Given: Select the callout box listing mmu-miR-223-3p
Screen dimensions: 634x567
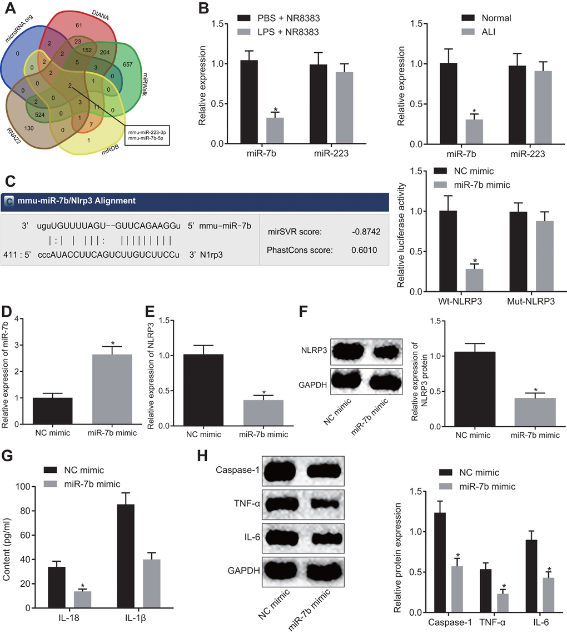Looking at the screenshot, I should [147, 134].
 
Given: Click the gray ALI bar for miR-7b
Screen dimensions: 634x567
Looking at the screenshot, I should [474, 132].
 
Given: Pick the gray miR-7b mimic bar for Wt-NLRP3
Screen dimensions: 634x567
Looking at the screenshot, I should [474, 280].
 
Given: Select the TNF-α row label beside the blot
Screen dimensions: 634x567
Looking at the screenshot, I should [245, 505].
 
